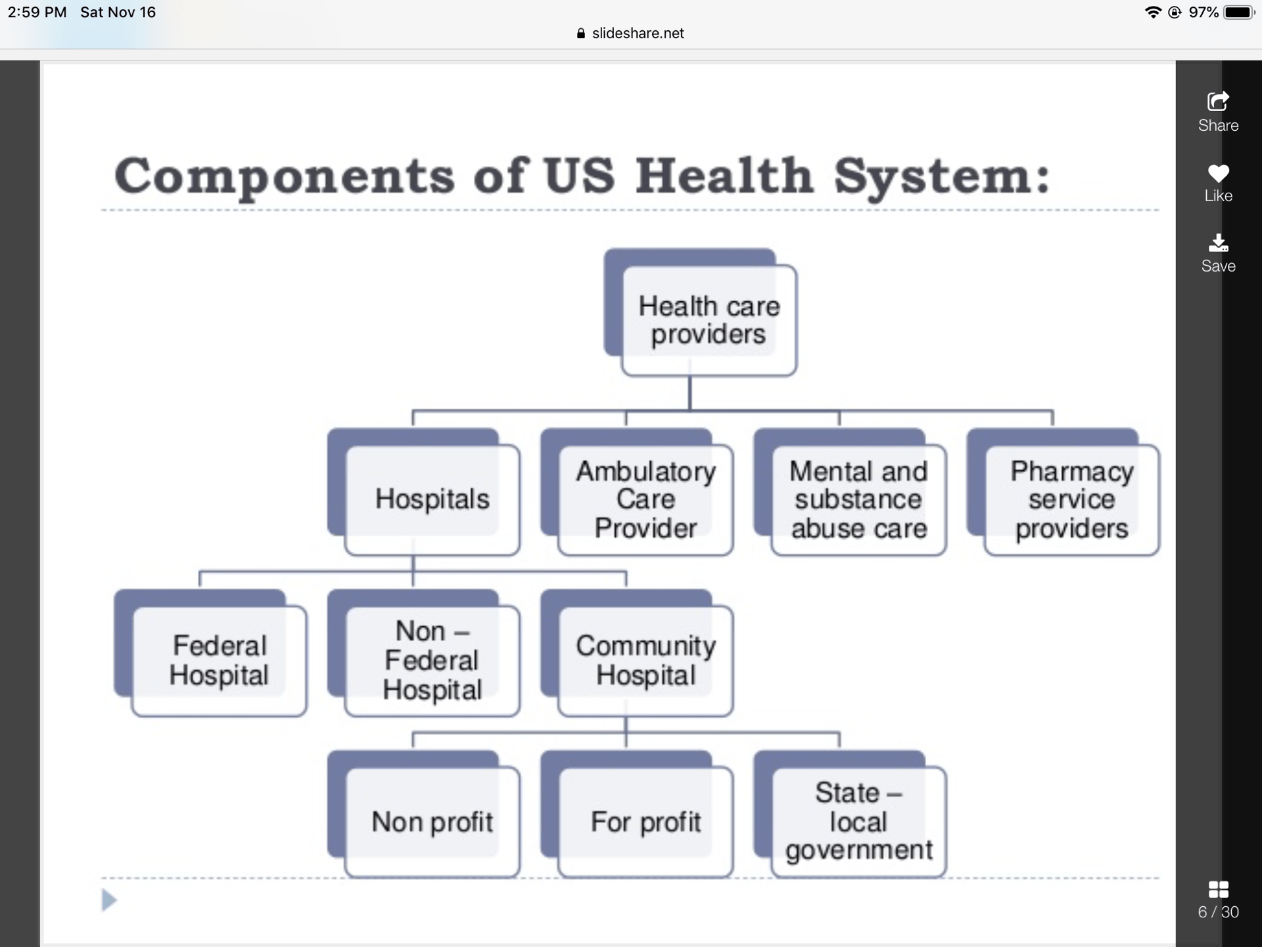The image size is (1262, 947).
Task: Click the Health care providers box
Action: pos(709,320)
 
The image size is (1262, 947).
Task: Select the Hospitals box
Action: pos(432,499)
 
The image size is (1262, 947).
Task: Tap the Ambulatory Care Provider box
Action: pos(645,499)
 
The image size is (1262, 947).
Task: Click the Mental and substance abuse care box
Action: pos(858,499)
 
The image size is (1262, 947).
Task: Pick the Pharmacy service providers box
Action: pos(1071,499)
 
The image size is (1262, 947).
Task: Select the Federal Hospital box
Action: pos(219,660)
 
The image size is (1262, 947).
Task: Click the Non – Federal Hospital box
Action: pos(432,660)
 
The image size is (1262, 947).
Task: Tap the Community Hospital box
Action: pos(645,660)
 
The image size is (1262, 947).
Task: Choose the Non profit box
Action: pos(432,821)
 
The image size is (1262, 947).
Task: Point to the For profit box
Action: pos(645,821)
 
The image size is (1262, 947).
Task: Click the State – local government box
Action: pos(858,821)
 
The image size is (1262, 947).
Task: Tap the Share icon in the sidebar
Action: pos(1218,101)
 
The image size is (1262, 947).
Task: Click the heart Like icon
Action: pos(1218,173)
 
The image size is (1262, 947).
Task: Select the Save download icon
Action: pos(1218,243)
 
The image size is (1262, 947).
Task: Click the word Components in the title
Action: pos(284,176)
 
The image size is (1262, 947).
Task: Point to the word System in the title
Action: pos(941,176)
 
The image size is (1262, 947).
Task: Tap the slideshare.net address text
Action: pos(638,34)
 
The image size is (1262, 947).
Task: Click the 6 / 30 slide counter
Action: pos(1218,911)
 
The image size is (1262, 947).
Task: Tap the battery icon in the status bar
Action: pos(1238,12)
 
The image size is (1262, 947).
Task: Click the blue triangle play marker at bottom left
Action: pos(109,900)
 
